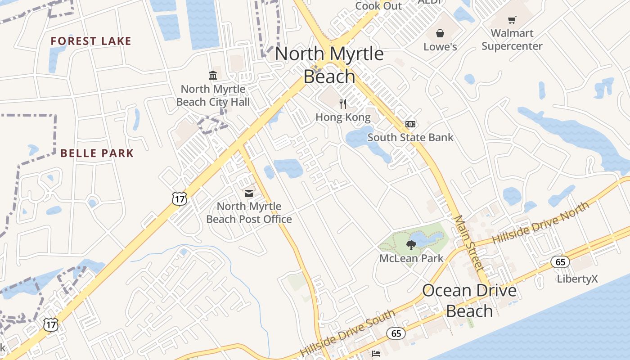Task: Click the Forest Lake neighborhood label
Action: [x=91, y=41]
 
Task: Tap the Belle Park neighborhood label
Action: [x=97, y=153]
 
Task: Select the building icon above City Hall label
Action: [x=213, y=75]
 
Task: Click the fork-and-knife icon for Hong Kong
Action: [x=343, y=104]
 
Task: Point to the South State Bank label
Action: [x=410, y=137]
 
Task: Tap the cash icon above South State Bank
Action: [x=410, y=124]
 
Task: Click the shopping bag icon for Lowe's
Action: [x=440, y=33]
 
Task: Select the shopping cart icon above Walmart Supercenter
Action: [x=512, y=20]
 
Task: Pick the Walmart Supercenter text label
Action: [x=512, y=40]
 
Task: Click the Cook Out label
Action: [x=378, y=6]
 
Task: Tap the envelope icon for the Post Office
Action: [x=248, y=193]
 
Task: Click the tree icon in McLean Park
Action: [x=410, y=245]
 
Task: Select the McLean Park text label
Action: [x=411, y=258]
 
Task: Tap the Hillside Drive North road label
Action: [x=540, y=223]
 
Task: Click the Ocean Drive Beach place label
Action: [x=469, y=301]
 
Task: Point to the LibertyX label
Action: [x=577, y=279]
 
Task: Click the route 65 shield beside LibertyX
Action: [x=560, y=262]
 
